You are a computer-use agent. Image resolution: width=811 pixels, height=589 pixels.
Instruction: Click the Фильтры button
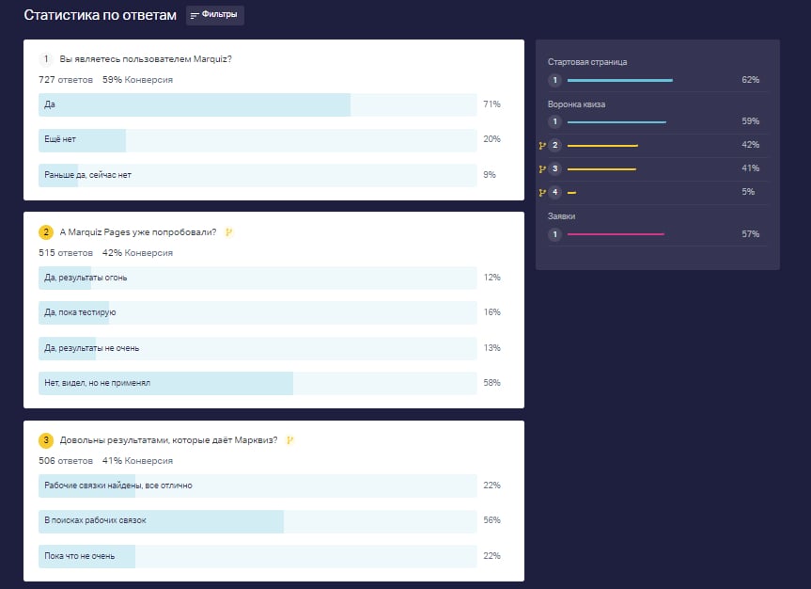point(215,15)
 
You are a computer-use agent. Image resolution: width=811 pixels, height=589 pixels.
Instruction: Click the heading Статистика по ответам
point(100,15)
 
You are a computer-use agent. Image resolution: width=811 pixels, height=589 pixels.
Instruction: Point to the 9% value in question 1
point(489,175)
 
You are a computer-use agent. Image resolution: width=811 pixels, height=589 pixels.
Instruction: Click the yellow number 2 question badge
point(46,232)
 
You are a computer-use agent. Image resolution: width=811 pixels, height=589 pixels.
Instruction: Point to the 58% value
point(491,383)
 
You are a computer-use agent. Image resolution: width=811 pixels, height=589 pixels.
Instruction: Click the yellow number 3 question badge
point(46,440)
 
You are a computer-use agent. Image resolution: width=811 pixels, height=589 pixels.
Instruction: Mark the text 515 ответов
point(66,252)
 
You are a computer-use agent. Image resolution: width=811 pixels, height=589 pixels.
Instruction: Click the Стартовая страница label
point(587,62)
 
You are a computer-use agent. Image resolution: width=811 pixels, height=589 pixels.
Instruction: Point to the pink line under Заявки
point(616,234)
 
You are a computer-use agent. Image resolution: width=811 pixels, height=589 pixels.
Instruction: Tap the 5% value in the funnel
point(748,192)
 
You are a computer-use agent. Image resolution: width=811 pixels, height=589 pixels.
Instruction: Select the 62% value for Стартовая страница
point(750,80)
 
